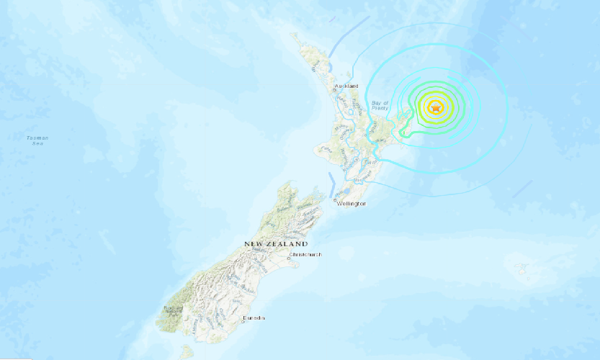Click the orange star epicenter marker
[434, 108]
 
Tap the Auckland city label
[347, 86]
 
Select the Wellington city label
[352, 204]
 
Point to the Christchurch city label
[305, 254]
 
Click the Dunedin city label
[254, 318]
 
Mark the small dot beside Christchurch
[289, 258]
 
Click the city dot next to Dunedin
[242, 321]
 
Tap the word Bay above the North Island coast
[375, 104]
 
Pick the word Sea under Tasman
[37, 143]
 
